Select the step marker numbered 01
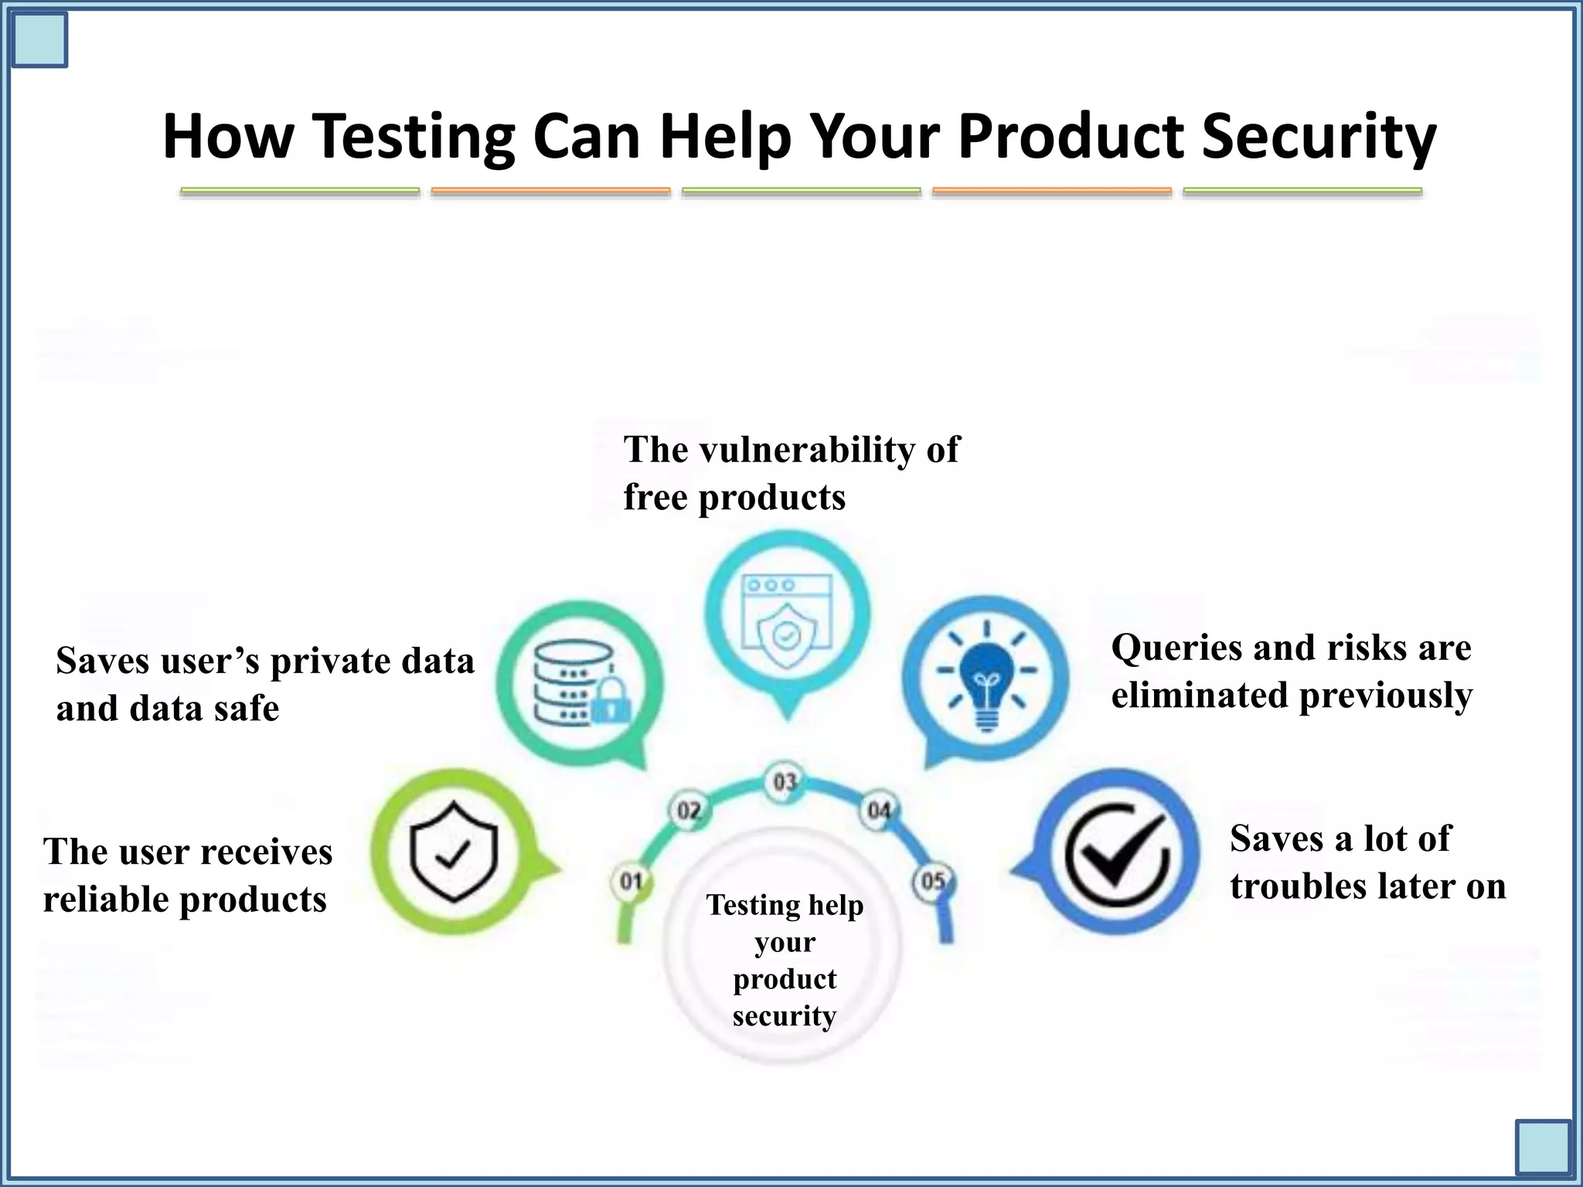631,881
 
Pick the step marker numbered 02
688,811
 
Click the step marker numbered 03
785,782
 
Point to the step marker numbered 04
879,811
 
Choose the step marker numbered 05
933,881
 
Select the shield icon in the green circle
454,851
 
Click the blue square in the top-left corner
39,39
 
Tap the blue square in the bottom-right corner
1543,1148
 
